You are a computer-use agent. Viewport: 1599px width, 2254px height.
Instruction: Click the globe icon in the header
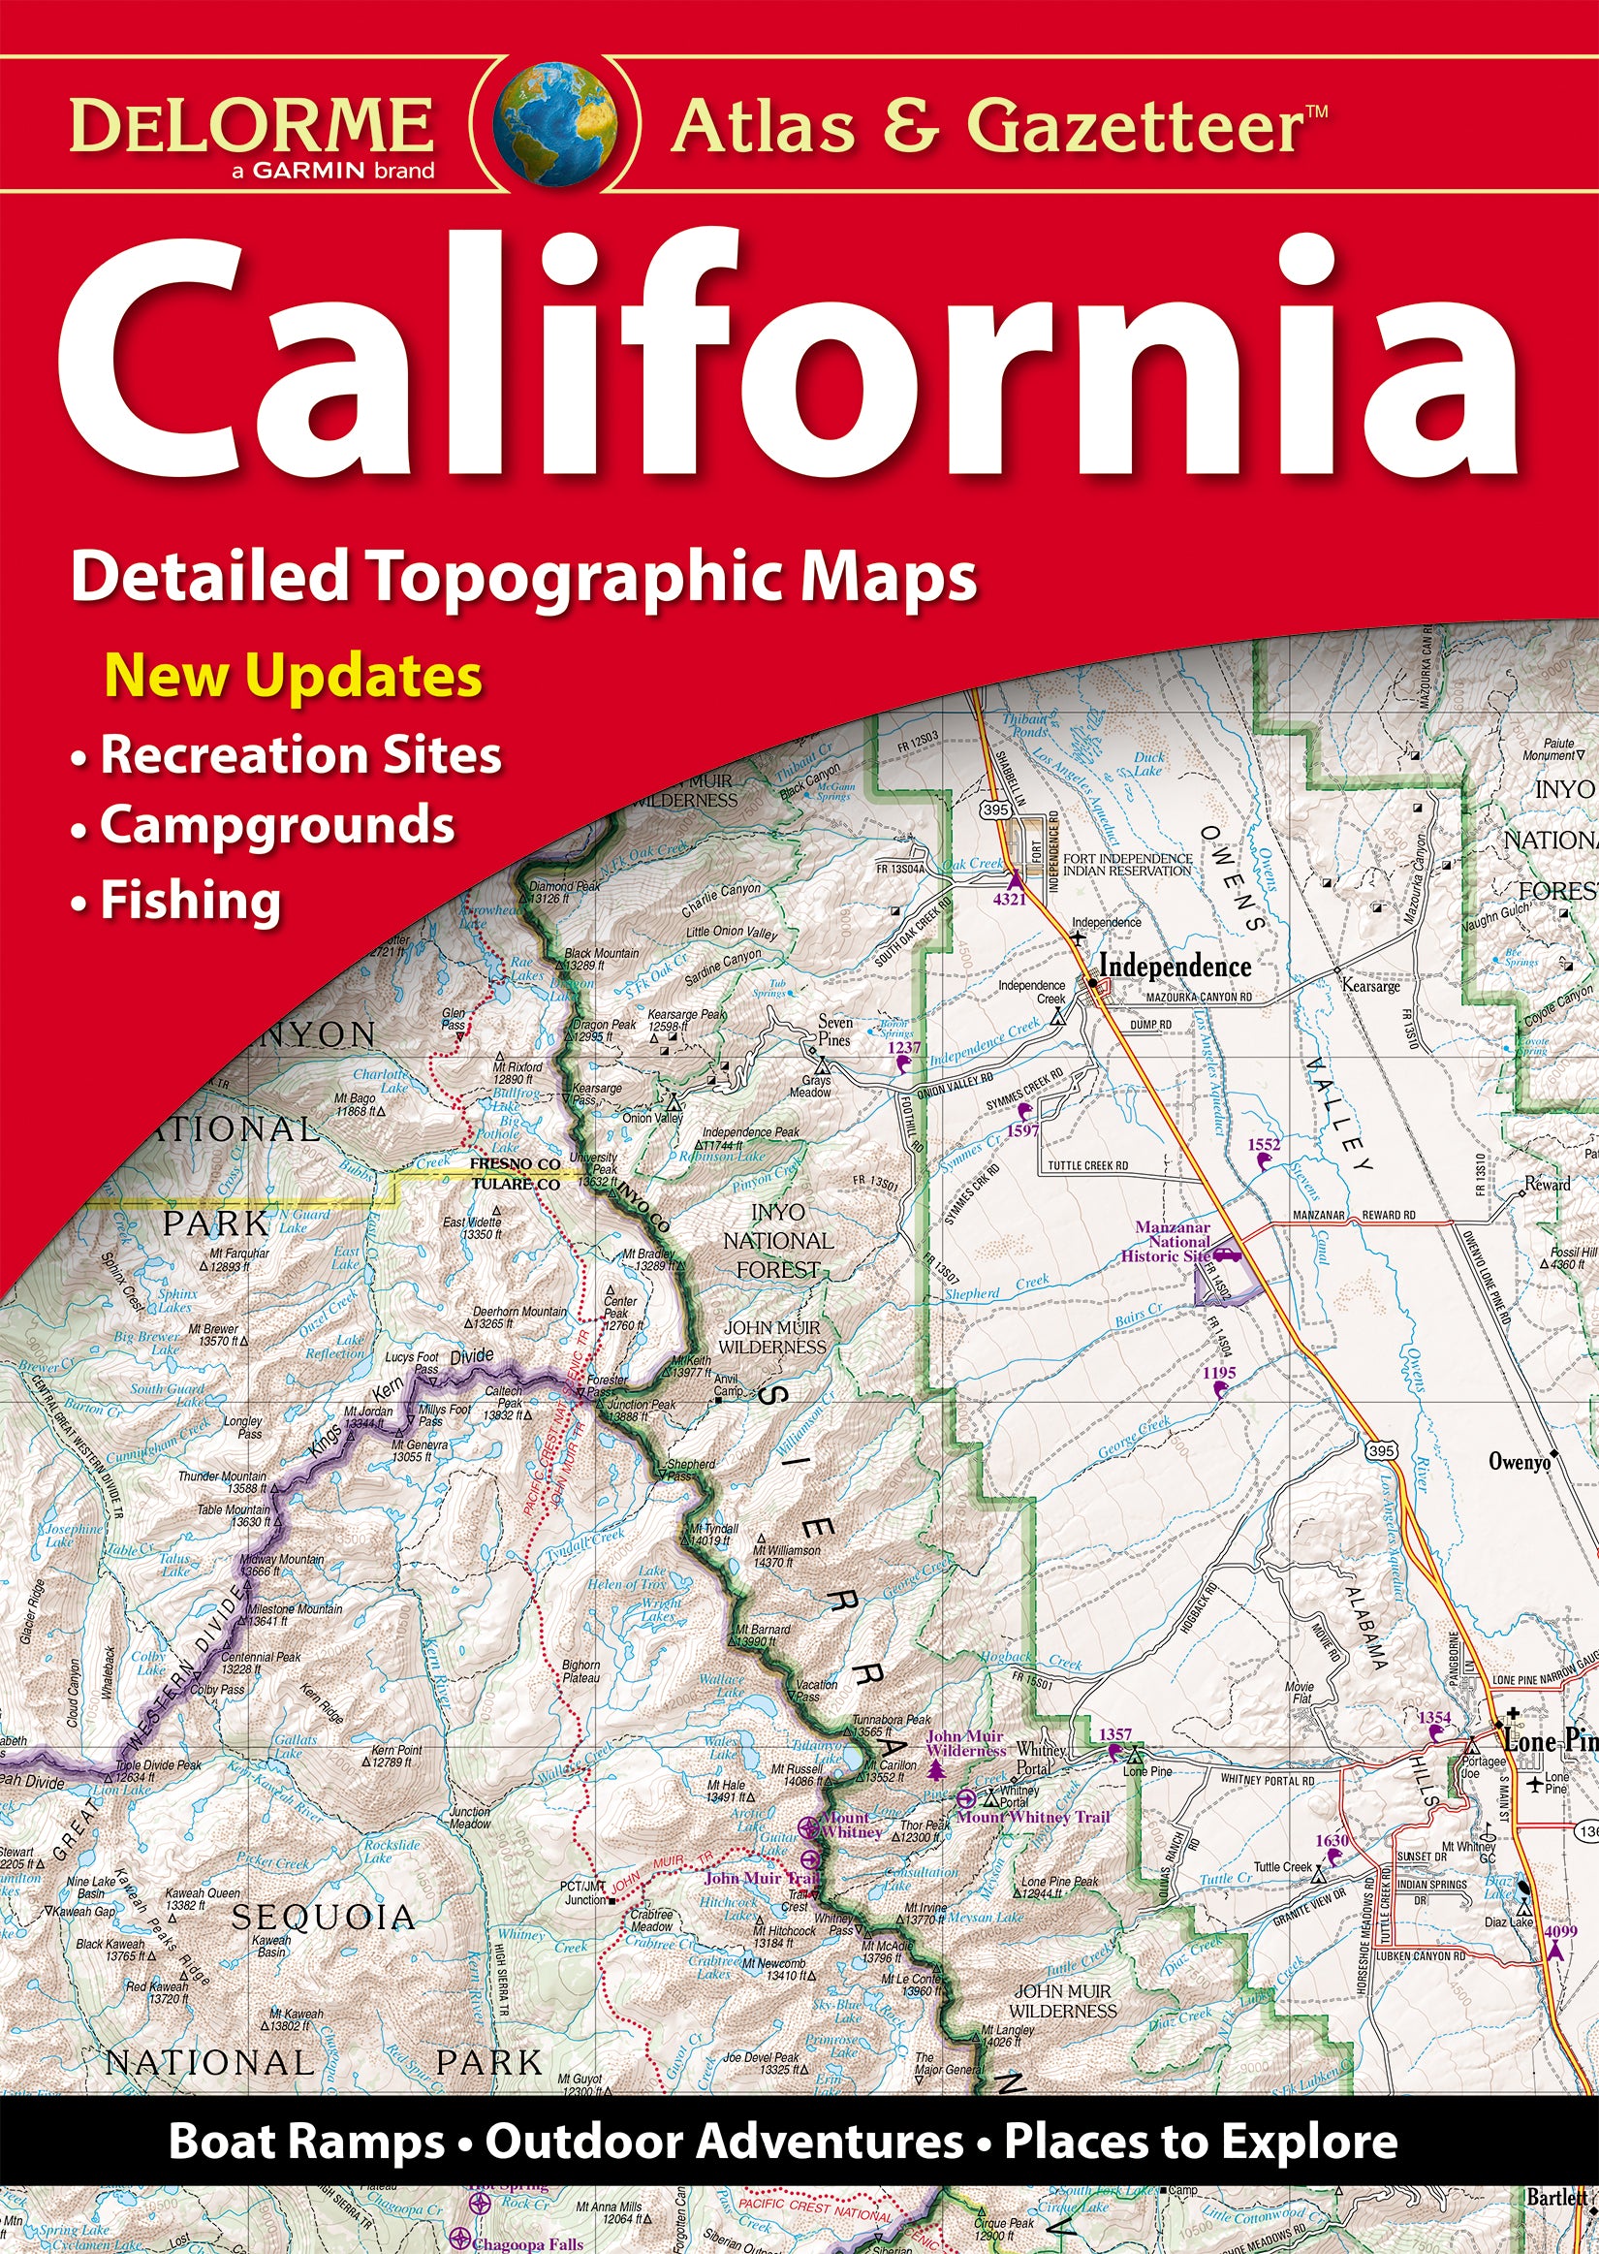click(x=556, y=125)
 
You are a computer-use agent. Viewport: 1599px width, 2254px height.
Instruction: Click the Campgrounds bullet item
click(x=276, y=825)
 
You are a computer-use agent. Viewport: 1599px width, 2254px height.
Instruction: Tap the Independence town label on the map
click(x=1174, y=966)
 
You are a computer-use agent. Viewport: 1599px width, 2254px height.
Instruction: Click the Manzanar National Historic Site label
click(x=1172, y=1242)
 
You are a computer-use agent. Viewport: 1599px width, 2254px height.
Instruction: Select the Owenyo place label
click(x=1519, y=1462)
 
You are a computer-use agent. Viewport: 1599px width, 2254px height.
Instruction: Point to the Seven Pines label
click(x=834, y=1031)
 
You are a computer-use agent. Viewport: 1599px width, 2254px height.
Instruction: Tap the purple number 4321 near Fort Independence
click(x=1009, y=899)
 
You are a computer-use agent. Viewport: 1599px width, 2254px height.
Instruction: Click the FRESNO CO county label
click(x=514, y=1163)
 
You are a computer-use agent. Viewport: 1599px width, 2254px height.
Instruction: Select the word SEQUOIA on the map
click(x=323, y=1918)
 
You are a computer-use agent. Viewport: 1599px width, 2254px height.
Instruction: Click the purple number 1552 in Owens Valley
click(x=1264, y=1144)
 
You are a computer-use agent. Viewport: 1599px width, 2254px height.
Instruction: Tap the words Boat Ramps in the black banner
click(x=306, y=2143)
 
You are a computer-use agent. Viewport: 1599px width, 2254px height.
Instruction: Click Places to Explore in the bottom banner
click(x=1200, y=2143)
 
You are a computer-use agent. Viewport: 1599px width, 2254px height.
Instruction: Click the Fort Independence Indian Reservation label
click(x=1126, y=865)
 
